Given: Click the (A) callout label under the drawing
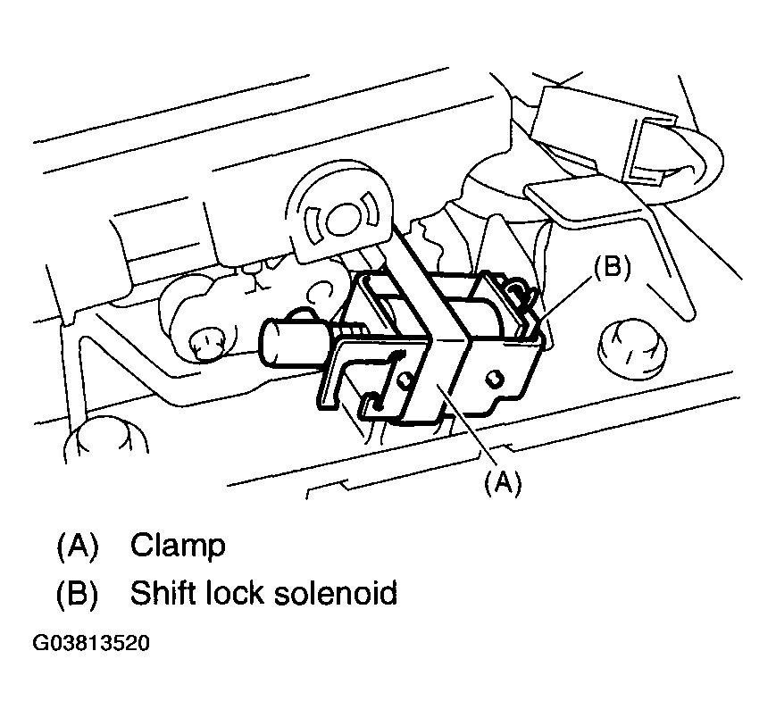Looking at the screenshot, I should (502, 483).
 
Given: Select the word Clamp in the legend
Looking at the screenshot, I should (178, 546).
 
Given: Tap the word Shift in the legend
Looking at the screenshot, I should (163, 592).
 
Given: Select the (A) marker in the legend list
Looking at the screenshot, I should (77, 546).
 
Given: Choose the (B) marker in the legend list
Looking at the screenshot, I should (77, 592).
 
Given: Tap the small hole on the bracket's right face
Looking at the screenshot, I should (492, 378).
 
